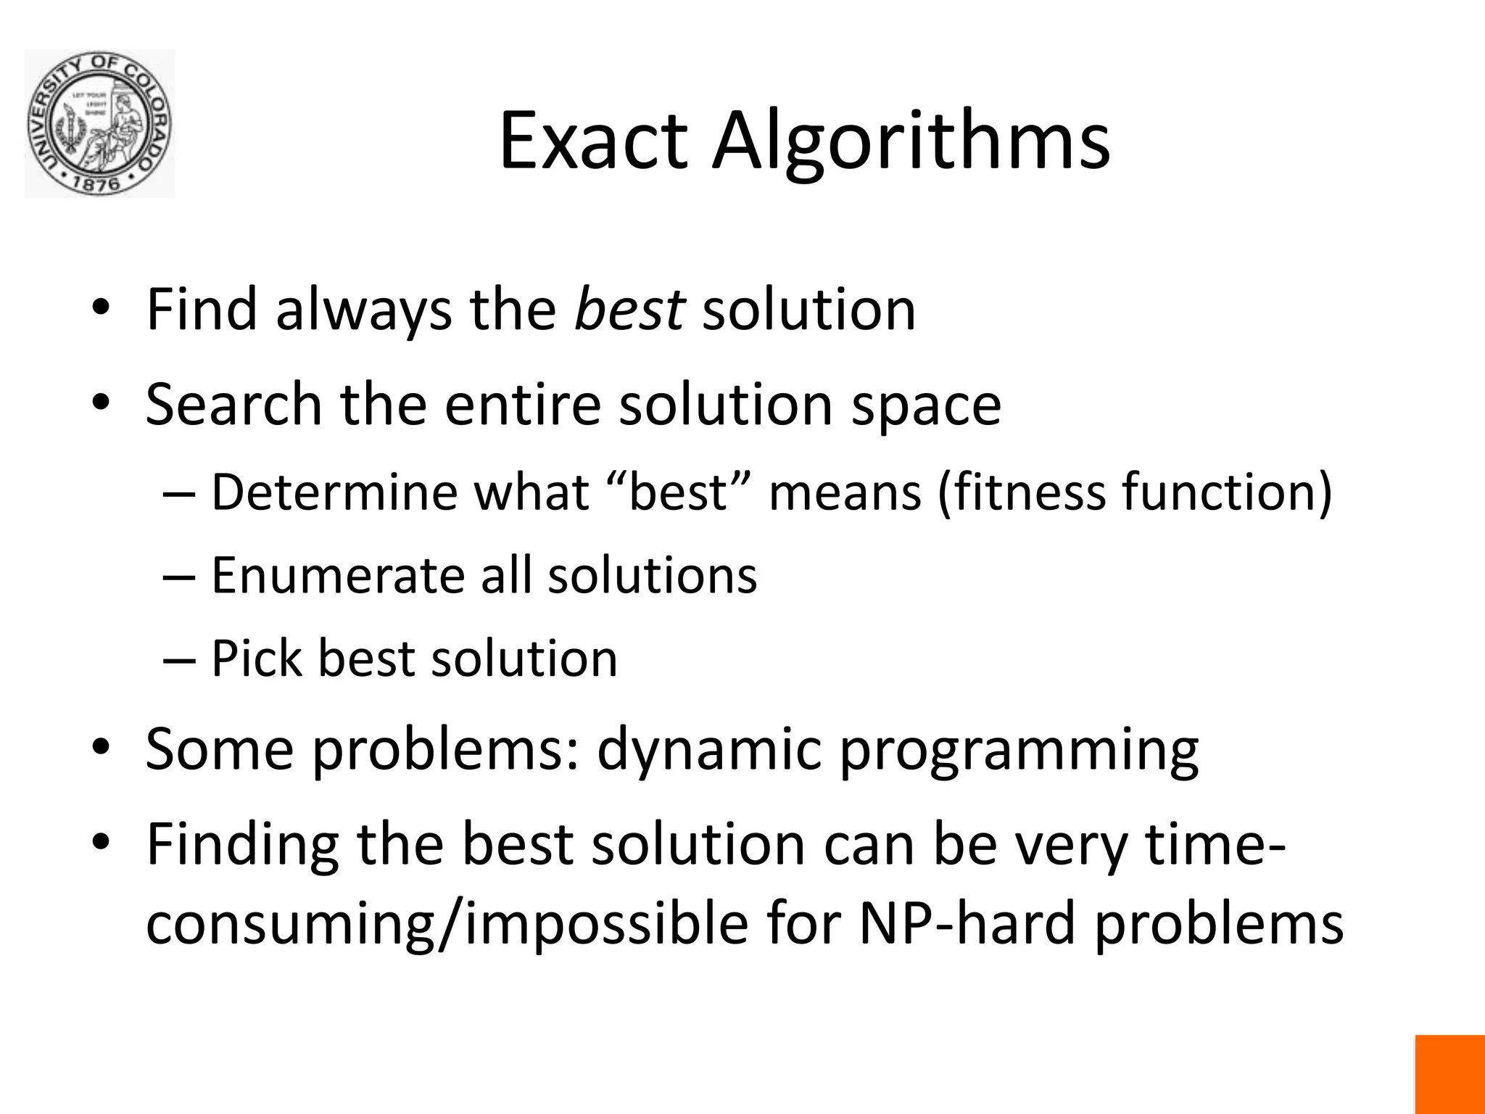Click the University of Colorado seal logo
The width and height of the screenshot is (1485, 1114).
pyautogui.click(x=99, y=124)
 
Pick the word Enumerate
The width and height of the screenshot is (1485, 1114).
pyautogui.click(x=337, y=575)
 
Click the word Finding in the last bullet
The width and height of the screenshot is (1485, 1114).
pyautogui.click(x=242, y=846)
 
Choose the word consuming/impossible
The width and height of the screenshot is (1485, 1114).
pyautogui.click(x=447, y=925)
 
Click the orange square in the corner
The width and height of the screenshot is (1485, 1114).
pyautogui.click(x=1449, y=1074)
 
